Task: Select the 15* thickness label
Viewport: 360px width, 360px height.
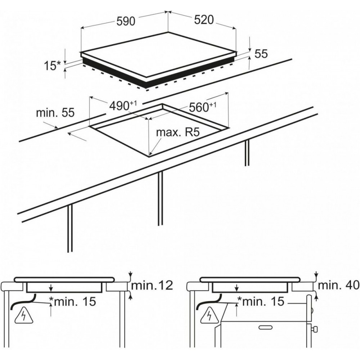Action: [53, 66]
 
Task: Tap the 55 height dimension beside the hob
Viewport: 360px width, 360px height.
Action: [261, 54]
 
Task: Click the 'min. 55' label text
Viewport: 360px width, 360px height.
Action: [55, 112]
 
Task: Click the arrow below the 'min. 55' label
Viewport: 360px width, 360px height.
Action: [77, 136]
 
